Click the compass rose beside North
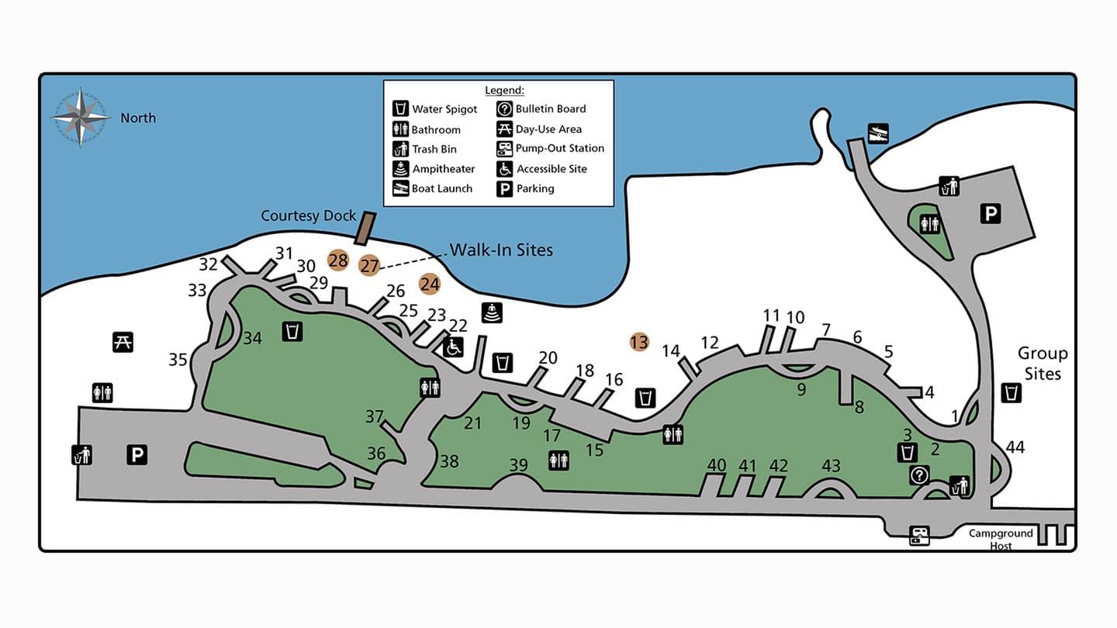click(x=80, y=118)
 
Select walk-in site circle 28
click(x=338, y=261)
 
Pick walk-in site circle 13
click(x=638, y=341)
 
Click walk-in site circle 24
click(x=430, y=285)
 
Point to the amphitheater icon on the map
click(x=492, y=312)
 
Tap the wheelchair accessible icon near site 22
click(x=454, y=347)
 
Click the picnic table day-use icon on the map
click(x=123, y=341)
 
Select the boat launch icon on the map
click(x=878, y=133)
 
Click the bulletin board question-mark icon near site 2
click(x=919, y=475)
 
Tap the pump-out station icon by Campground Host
click(x=920, y=535)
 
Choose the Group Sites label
click(x=1043, y=364)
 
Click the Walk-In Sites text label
click(x=501, y=250)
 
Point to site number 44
click(x=1015, y=447)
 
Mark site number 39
click(x=518, y=465)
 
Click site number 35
click(x=178, y=360)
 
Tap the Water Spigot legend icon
click(x=401, y=109)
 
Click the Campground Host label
click(x=1001, y=540)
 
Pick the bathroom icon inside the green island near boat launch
click(x=929, y=224)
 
